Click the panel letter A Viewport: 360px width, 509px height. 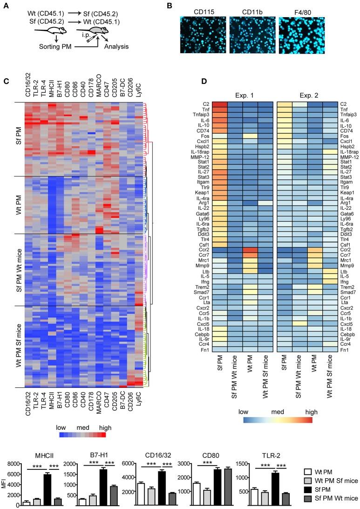point(6,6)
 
